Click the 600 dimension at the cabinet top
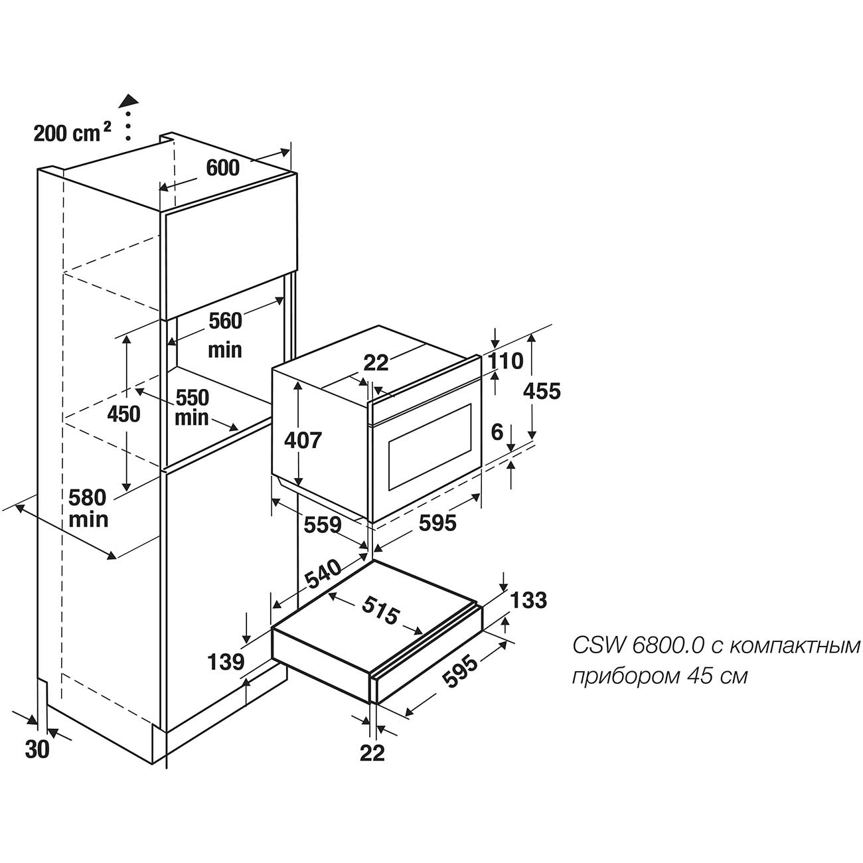coord(222,168)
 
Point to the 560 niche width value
coord(225,321)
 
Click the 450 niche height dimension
coord(124,414)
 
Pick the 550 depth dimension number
coord(192,398)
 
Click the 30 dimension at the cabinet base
coord(37,749)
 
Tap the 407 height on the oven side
coord(303,439)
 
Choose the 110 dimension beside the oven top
coord(506,361)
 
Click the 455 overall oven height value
coord(542,391)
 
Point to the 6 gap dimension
coord(497,432)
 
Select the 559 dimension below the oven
coord(323,525)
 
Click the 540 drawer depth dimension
coord(323,576)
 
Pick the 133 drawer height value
coord(529,599)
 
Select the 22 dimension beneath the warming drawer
coord(372,753)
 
